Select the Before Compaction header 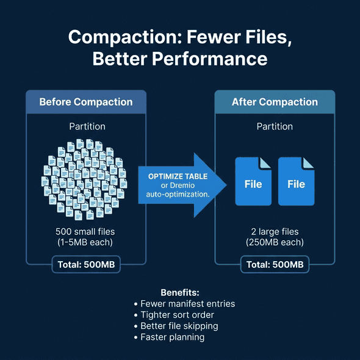point(85,102)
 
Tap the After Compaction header point(275,102)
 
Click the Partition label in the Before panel point(86,127)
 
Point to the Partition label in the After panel point(275,127)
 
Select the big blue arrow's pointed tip point(224,185)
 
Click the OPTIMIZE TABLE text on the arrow point(178,176)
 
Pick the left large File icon point(253,181)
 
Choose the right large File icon point(296,181)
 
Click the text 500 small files point(85,232)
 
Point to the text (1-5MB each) point(85,242)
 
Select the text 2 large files point(275,232)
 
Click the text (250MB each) point(275,242)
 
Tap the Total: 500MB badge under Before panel point(85,264)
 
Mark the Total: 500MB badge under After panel point(275,264)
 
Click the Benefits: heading point(180,292)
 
